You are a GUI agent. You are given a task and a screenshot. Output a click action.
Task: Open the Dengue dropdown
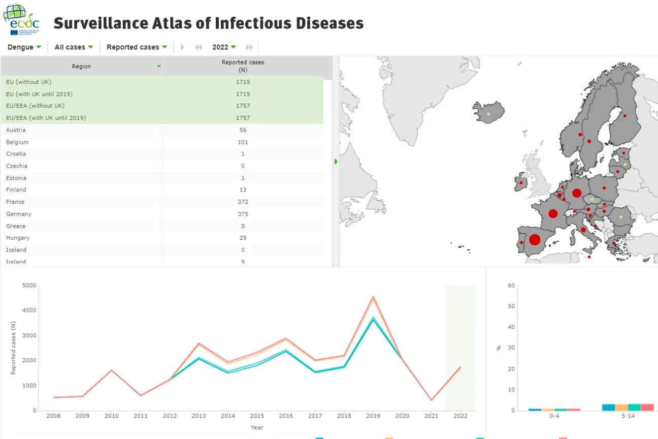[24, 47]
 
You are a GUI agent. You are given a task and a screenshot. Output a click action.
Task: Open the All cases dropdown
[74, 47]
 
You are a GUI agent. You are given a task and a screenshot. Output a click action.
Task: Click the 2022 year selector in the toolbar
[224, 47]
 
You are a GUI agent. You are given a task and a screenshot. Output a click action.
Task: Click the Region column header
[81, 66]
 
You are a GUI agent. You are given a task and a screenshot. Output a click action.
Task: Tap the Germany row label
[19, 214]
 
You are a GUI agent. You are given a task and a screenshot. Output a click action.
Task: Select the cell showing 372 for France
[243, 202]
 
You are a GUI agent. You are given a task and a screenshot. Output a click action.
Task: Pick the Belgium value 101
[243, 142]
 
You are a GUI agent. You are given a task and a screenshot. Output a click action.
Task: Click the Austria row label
[16, 130]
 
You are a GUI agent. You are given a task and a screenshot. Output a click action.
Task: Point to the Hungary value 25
[243, 238]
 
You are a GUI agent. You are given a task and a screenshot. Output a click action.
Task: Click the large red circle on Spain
[534, 239]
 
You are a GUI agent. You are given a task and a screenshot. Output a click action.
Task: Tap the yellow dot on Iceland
[488, 114]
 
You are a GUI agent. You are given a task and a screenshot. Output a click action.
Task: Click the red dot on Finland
[625, 116]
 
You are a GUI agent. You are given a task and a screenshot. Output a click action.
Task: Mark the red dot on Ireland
[521, 182]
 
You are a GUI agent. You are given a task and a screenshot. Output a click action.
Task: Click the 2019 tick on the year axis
[373, 416]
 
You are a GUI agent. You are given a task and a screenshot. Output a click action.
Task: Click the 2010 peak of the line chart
[111, 370]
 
